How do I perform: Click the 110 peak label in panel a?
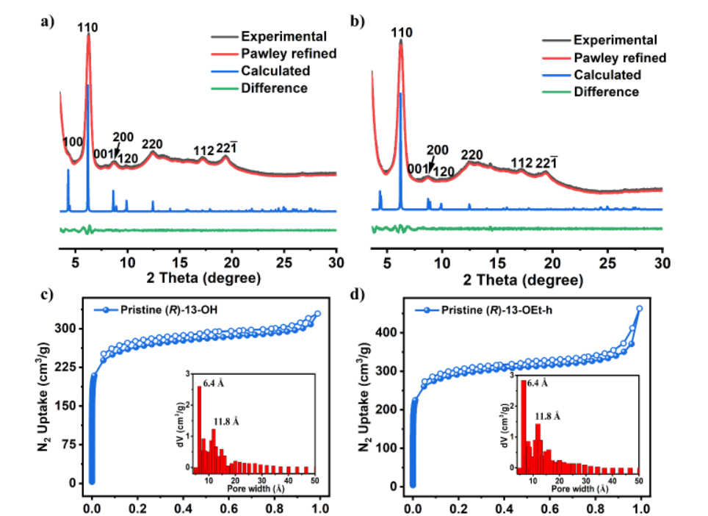pos(88,28)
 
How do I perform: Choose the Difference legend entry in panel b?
pos(606,92)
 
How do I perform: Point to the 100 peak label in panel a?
pos(73,142)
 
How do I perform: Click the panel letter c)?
pos(46,295)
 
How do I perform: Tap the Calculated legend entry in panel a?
pos(275,71)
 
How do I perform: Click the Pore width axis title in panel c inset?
pos(254,488)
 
